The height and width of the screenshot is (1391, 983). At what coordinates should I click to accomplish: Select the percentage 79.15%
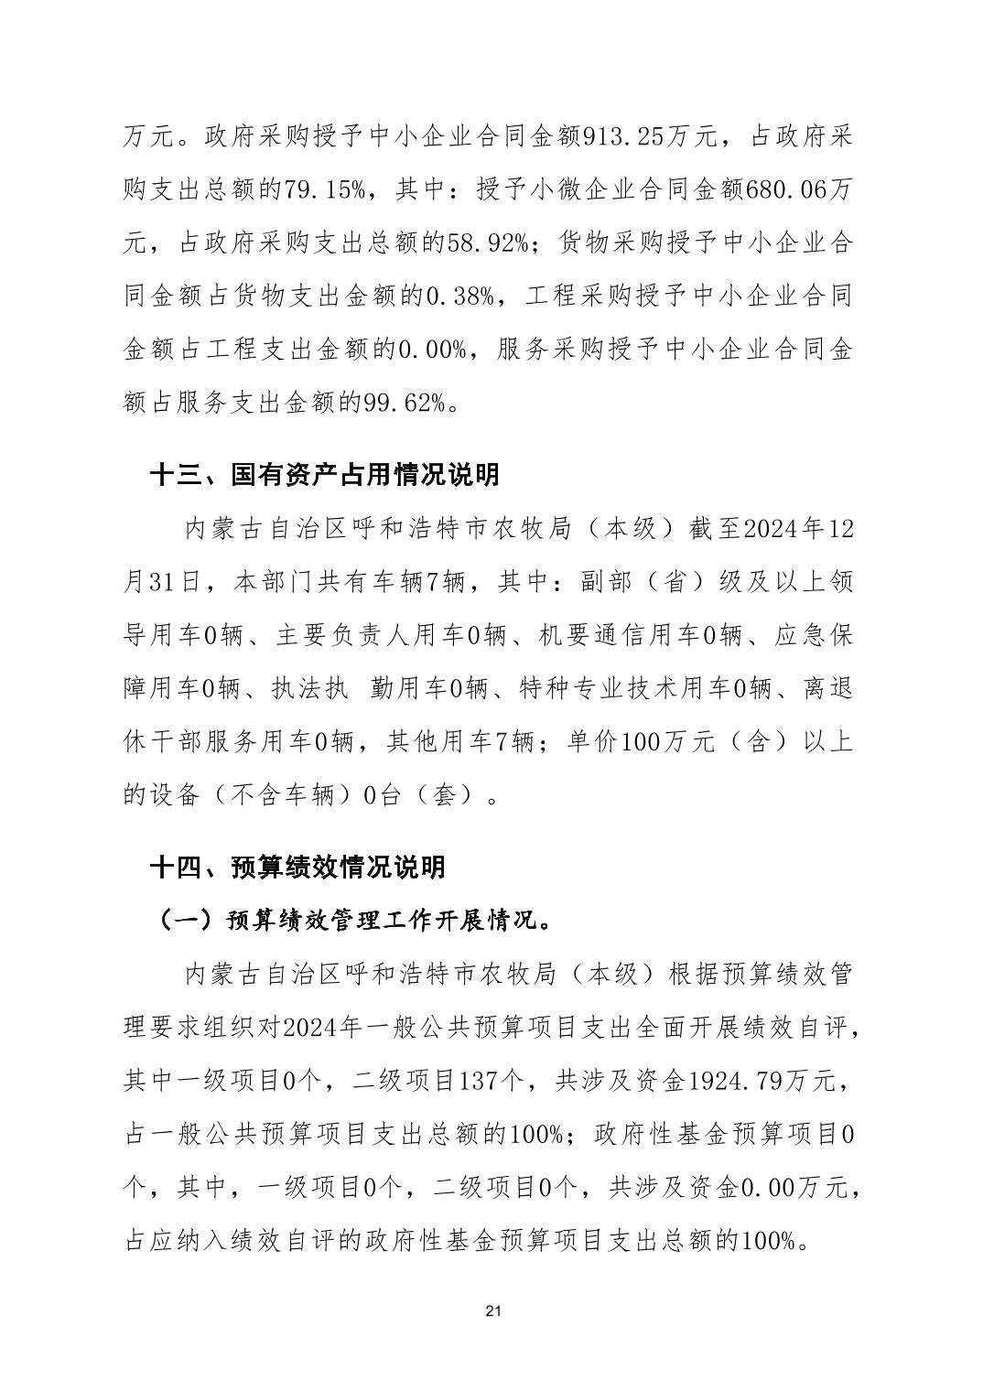pos(328,191)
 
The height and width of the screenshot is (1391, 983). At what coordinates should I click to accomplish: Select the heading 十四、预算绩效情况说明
pos(298,867)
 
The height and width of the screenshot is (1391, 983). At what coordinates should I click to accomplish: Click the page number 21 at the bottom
pos(492,1311)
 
